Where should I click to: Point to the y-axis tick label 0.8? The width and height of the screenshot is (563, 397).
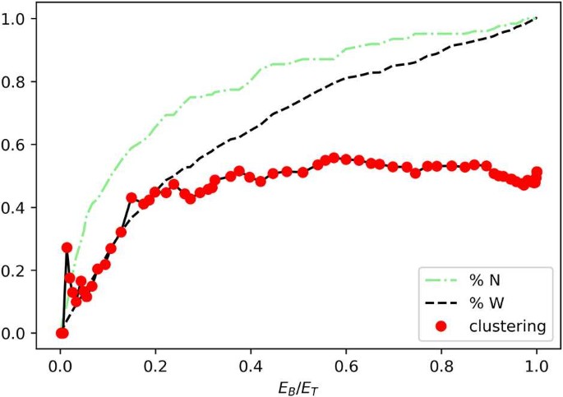click(x=16, y=82)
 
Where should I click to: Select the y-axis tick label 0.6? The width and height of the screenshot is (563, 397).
click(x=16, y=145)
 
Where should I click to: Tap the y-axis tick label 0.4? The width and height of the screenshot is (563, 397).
click(x=16, y=208)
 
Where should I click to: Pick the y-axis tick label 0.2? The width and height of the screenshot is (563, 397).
click(x=16, y=270)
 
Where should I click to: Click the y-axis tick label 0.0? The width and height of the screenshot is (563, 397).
click(x=16, y=334)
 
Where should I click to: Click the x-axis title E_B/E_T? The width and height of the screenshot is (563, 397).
click(x=298, y=384)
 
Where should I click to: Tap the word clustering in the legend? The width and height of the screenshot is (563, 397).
click(x=507, y=326)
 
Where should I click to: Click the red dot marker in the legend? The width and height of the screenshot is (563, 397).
click(x=441, y=326)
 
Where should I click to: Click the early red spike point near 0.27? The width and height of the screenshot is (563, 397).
click(x=67, y=247)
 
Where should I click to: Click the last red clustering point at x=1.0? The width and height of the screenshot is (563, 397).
click(x=537, y=172)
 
